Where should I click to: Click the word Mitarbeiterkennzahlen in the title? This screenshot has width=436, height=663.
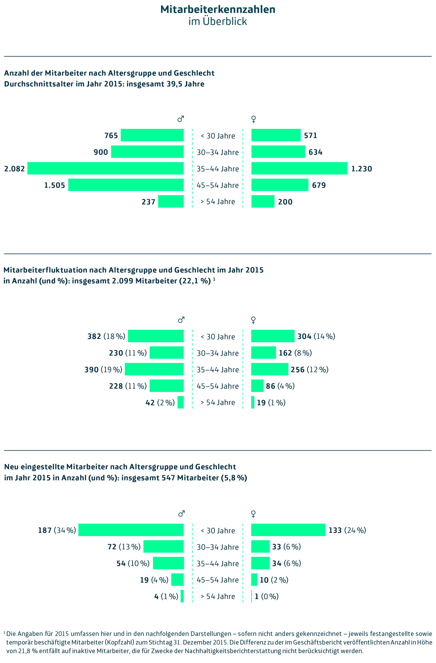point(218,10)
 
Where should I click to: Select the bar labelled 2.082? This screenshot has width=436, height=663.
point(106,168)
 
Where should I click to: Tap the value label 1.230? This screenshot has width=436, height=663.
point(361,169)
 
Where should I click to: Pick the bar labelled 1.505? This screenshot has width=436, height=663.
point(126,185)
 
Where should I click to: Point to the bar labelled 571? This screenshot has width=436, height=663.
point(276,135)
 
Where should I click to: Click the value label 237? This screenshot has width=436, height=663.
point(149,202)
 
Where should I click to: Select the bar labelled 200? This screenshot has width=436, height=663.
point(263,201)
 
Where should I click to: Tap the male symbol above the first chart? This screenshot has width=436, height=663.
point(181,119)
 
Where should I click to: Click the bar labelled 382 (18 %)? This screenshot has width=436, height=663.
point(156,336)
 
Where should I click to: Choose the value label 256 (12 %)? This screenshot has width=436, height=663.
point(309,370)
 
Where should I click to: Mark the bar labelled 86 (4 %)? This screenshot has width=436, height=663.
point(257,386)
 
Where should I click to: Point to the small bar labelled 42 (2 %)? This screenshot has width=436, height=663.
point(181,402)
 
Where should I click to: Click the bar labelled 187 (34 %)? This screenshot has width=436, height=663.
point(131,530)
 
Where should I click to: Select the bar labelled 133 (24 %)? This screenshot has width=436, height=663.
point(288,530)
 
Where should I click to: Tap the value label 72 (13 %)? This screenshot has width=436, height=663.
point(124,547)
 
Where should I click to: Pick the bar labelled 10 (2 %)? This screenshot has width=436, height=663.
point(254,580)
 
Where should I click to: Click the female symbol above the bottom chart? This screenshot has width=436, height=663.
point(253,514)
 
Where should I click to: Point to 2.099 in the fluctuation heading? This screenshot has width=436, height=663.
point(123,281)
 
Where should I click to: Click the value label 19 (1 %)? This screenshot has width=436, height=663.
point(271,403)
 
